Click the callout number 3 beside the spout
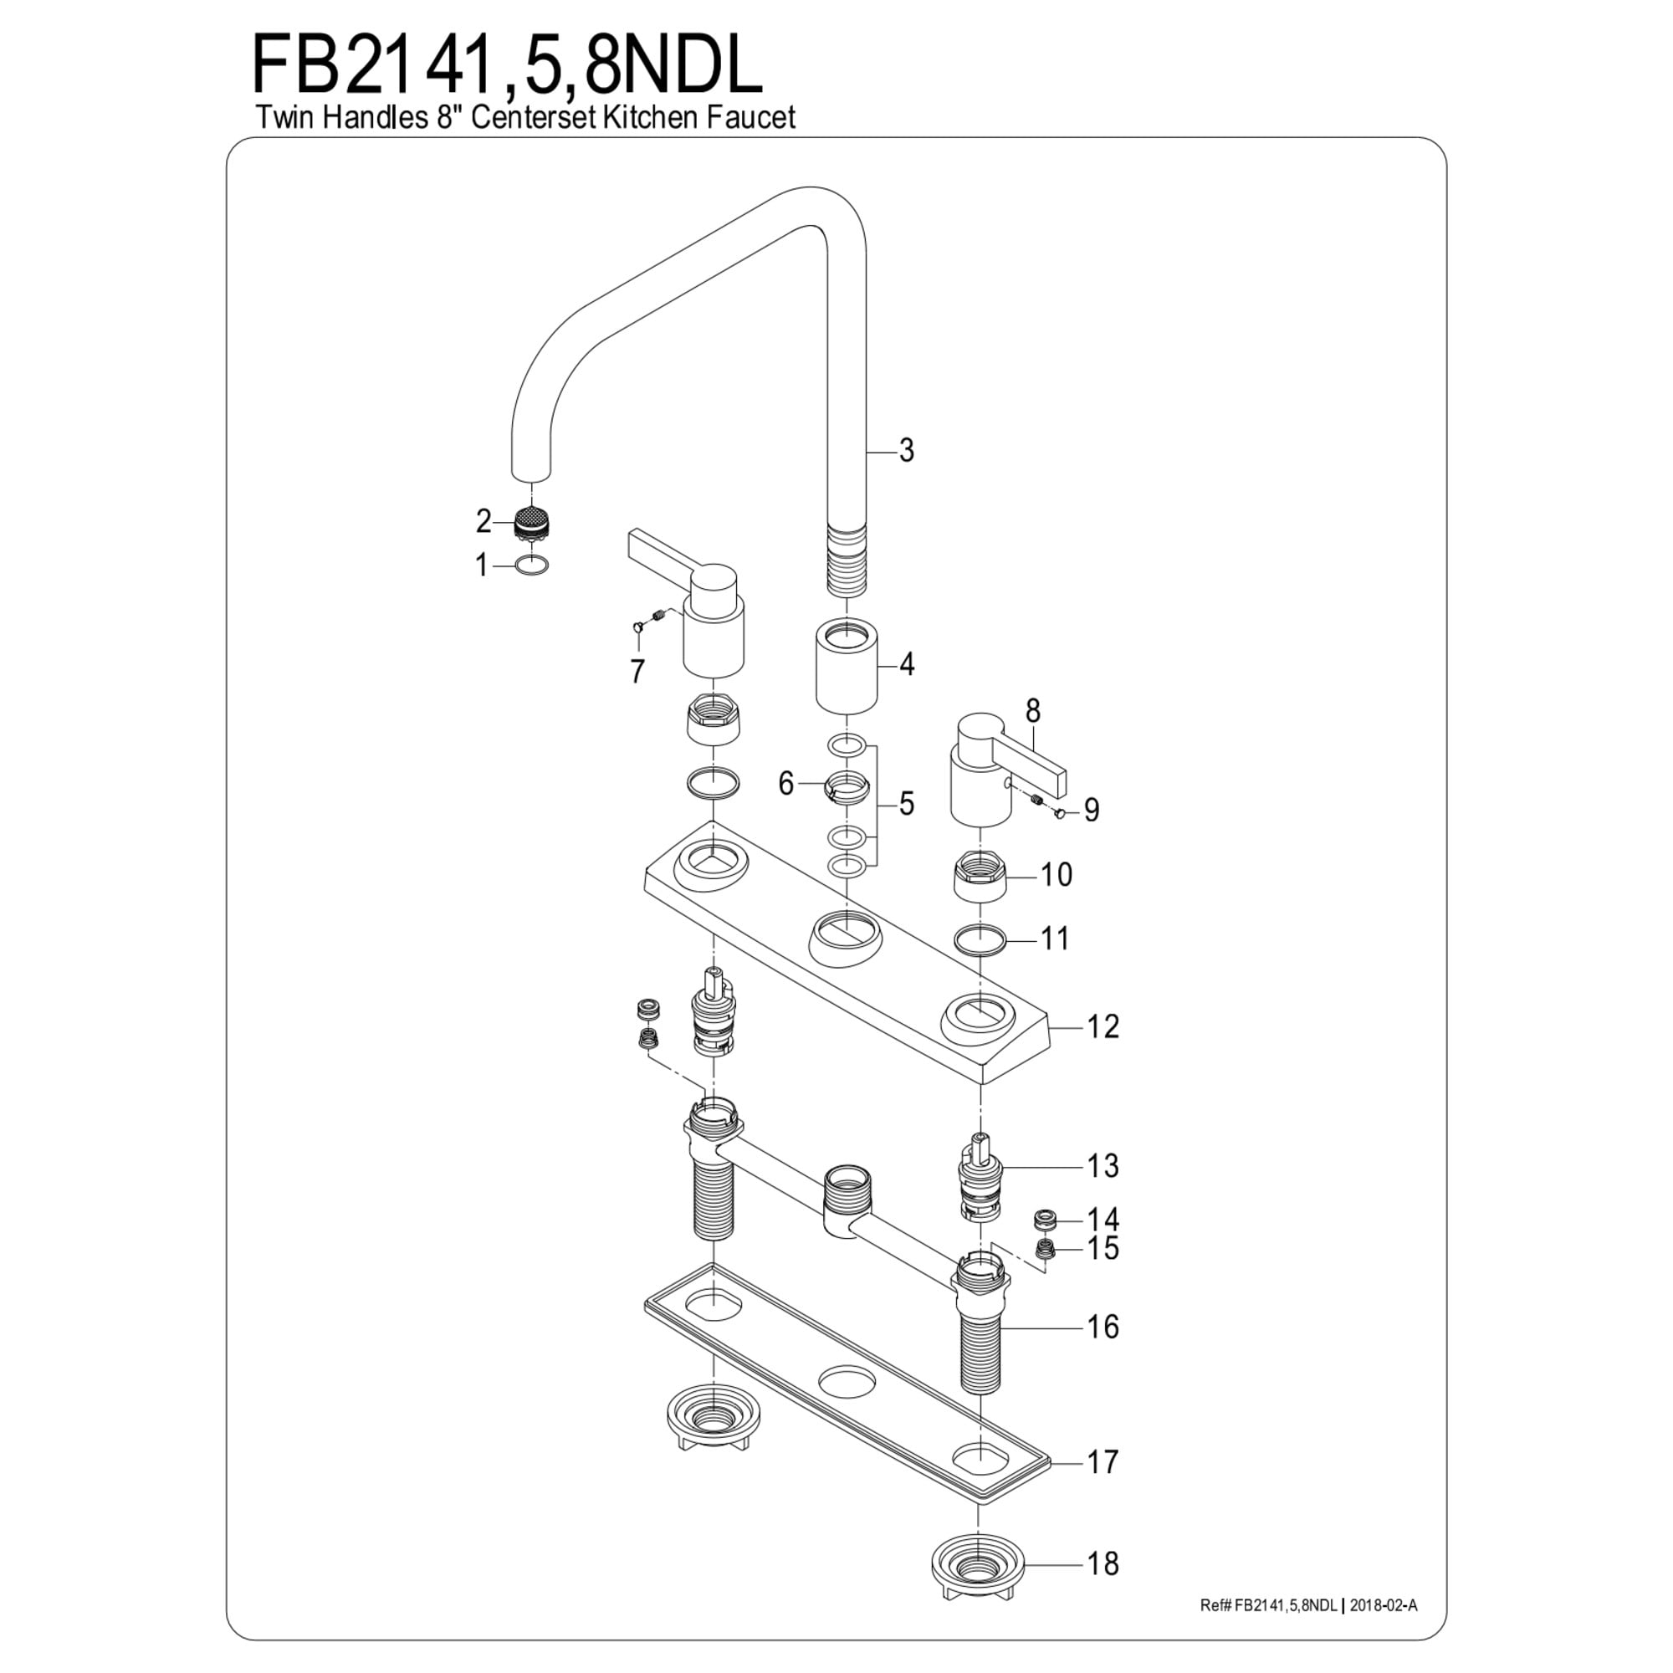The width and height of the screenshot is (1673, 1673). coord(906,450)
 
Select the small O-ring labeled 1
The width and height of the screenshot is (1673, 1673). coord(532,565)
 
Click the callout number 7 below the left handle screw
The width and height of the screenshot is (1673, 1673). coord(637,671)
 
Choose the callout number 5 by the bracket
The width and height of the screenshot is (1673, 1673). coord(906,803)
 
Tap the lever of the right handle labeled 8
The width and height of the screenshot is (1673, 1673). coord(1038,763)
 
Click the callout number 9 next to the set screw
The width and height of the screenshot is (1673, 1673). coord(1091,810)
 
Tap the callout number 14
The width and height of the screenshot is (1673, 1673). coord(1103,1220)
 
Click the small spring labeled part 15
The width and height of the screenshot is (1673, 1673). coord(1045,1250)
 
